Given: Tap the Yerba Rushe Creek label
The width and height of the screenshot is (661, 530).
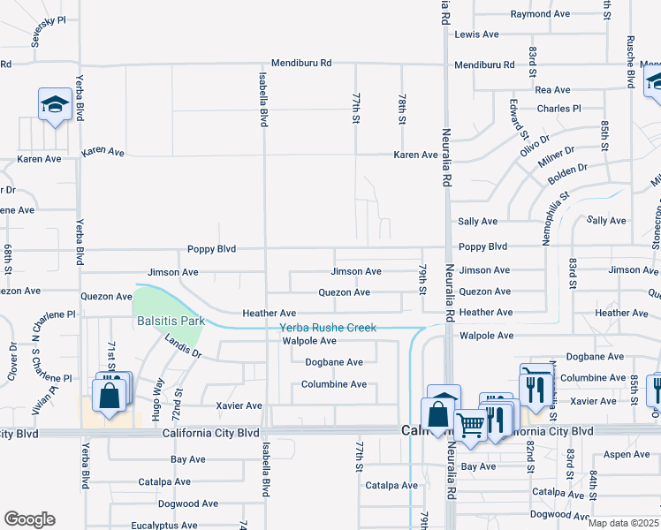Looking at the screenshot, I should pos(328,328).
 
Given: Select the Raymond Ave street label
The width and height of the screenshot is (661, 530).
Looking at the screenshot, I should pos(540,14).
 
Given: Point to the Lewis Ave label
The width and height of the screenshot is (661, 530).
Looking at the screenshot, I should pos(477,34).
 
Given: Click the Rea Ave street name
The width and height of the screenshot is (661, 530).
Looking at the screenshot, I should pos(553,90).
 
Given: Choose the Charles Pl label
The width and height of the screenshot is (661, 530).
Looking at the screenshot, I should pos(559,109).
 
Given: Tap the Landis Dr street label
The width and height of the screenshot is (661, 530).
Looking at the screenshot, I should pos(184,352).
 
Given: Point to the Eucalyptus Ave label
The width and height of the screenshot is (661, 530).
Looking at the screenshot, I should pos(162,526).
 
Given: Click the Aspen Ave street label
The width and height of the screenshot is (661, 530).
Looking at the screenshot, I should pos(627,454).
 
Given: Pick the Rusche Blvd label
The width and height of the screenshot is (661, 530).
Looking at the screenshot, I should pos(631,62).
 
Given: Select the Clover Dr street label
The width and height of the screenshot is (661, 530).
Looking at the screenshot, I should pos(12,362).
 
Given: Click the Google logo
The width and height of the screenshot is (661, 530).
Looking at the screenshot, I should pos(29,519).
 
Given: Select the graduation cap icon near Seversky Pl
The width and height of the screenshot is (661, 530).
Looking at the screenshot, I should pos(55,105).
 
